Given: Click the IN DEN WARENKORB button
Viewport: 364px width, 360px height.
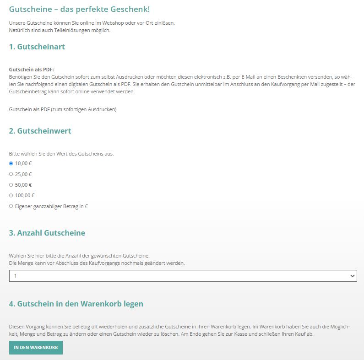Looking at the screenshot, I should pos(36,348).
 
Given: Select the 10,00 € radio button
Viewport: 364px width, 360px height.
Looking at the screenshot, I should pos(11,163).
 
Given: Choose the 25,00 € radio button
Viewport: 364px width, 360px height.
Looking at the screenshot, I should pos(11,174).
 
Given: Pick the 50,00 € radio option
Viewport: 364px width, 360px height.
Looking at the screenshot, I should pos(11,185).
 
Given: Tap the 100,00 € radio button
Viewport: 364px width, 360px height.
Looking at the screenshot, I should pos(11,195).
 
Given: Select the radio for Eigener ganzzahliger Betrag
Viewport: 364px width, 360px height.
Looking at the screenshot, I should pos(11,206).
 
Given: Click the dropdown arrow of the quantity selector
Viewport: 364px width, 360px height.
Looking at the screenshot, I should pos(352,276).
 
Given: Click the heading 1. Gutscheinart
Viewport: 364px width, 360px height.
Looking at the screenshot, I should pos(37,47).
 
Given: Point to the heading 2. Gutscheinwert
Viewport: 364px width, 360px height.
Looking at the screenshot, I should pos(40,131).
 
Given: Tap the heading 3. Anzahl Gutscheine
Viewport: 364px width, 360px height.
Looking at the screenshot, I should pos(47,233).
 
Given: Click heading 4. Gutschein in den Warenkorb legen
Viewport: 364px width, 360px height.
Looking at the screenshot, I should pos(76,304).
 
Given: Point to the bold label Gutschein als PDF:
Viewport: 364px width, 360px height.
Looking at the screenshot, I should pos(32,70).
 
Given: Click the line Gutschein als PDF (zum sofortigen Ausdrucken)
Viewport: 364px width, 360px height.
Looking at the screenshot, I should pos(63,109).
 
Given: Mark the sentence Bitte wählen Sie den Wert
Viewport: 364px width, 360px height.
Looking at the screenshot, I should pos(61,154).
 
